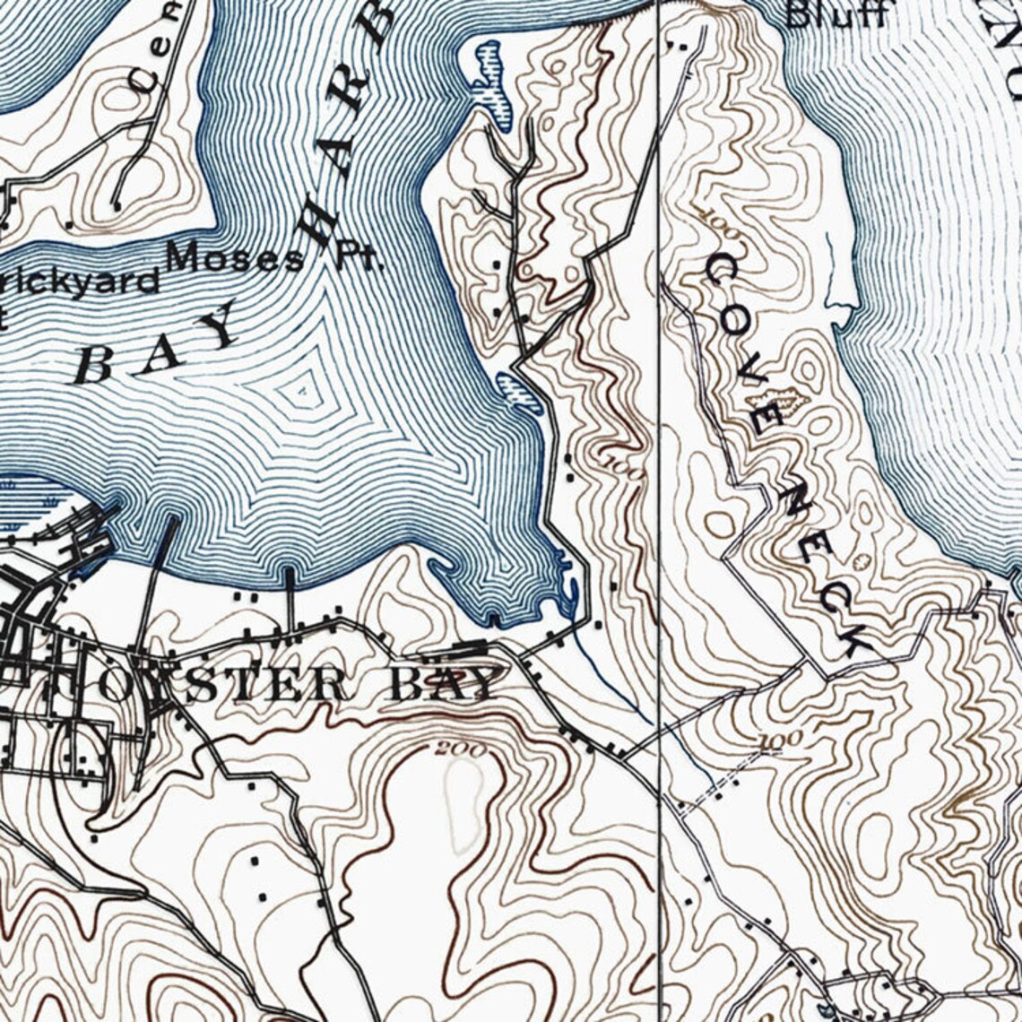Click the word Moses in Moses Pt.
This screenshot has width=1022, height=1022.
tap(235, 258)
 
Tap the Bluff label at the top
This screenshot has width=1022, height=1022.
tap(836, 14)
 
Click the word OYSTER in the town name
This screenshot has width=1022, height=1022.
tap(224, 687)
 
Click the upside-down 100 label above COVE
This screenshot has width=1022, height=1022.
tap(723, 220)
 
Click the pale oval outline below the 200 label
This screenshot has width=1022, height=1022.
tap(464, 802)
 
